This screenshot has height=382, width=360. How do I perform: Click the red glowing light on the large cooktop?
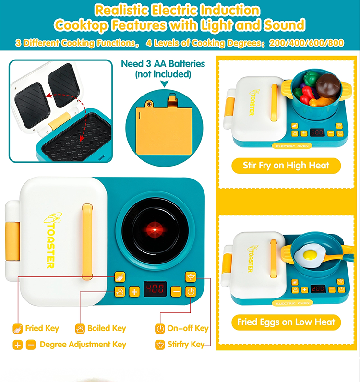coord(155,229)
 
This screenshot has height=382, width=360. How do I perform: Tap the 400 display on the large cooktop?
coord(155,289)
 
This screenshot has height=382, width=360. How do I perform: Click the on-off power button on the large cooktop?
coord(191,291)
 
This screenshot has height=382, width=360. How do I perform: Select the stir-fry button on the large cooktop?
coord(191,277)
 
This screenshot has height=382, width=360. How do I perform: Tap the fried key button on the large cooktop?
coord(120,277)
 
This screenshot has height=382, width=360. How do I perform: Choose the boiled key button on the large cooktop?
coord(120,292)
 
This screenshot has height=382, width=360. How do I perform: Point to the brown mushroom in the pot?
coord(328,85)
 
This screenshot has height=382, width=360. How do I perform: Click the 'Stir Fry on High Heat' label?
coord(286,166)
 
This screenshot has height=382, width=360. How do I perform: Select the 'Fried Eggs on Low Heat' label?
coord(286,322)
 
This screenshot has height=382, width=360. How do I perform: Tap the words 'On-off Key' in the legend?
coord(188,328)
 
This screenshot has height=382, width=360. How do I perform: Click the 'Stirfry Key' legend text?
coord(186,345)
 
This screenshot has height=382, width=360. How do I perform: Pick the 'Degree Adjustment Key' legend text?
coord(83,345)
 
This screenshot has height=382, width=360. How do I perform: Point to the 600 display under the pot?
coord(317,133)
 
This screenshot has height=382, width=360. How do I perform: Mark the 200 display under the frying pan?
coord(318,289)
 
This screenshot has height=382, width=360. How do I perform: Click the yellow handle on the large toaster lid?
coord(87,242)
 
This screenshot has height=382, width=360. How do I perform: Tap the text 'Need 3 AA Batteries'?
coord(163,64)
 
